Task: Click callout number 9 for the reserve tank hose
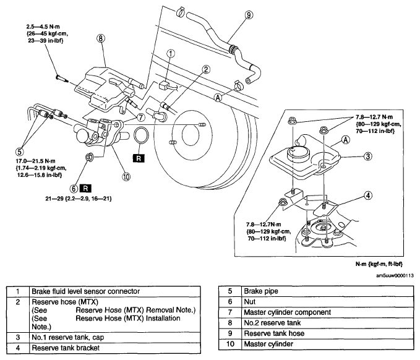[249, 15]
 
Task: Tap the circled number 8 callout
[100, 38]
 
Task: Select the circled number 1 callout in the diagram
[171, 54]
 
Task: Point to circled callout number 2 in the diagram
[206, 70]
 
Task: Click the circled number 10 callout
[126, 176]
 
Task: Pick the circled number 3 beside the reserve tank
[368, 156]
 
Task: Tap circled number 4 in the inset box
[368, 195]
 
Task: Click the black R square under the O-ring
[139, 158]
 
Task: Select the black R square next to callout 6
[85, 189]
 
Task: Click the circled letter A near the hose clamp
[218, 98]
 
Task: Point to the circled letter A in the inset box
[346, 140]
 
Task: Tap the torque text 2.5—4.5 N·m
[43, 27]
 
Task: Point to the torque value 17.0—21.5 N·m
[36, 161]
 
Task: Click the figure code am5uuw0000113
[395, 276]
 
